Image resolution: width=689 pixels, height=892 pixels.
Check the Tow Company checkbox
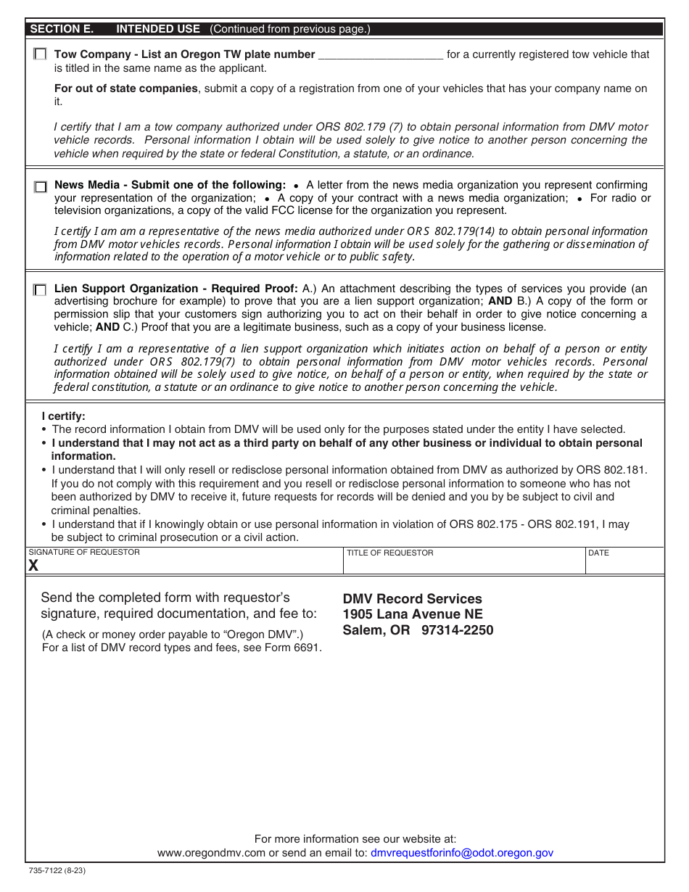pos(41,54)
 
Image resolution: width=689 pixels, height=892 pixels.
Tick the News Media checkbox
pos(41,187)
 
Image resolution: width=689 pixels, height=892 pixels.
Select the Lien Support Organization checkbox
pos(41,290)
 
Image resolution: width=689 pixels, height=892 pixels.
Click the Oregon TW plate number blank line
pos(381,55)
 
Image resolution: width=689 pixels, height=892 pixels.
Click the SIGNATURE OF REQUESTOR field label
pos(84,553)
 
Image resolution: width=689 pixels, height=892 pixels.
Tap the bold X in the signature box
pos(33,566)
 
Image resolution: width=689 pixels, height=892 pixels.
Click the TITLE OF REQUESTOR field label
pos(389,553)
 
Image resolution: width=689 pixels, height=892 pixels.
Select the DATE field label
pos(598,553)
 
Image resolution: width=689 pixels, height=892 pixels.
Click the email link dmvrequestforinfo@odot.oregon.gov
pos(461,854)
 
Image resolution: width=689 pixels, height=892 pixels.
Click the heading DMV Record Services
pos(412,599)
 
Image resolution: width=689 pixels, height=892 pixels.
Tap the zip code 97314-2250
pos(457,630)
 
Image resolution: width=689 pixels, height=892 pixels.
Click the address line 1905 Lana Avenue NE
pos(413,614)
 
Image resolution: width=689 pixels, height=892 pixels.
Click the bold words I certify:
pos(63,416)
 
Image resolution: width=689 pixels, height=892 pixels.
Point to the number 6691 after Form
pos(307,648)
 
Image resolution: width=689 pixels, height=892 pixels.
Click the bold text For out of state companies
pos(126,88)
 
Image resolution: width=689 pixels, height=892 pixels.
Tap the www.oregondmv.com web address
pos(211,854)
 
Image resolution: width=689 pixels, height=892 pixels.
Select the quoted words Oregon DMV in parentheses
pos(259,635)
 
